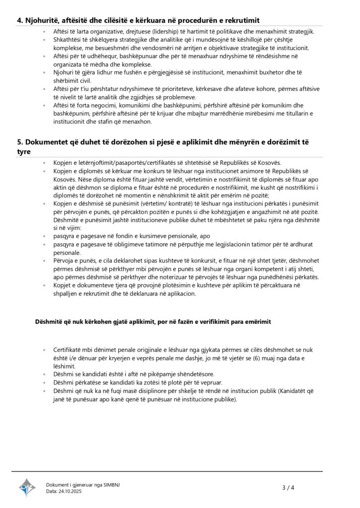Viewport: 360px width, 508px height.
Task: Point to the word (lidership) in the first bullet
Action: (162, 32)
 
